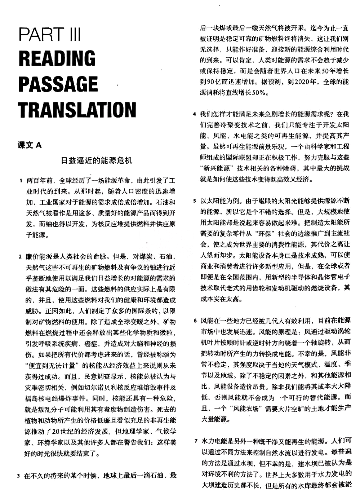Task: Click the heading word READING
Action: (57, 58)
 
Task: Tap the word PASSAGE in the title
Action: (58, 84)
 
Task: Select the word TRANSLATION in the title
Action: (77, 110)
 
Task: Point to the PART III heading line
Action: (50, 35)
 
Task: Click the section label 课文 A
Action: (30, 145)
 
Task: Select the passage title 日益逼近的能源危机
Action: (97, 160)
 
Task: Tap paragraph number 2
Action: (20, 257)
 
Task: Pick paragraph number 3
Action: (18, 476)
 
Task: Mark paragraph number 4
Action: (195, 114)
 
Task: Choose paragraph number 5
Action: (195, 201)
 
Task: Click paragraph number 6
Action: (195, 321)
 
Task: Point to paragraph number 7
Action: (196, 441)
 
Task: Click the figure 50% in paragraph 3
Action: (259, 93)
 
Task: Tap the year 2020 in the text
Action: (302, 82)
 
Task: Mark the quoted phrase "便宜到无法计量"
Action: (52, 366)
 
